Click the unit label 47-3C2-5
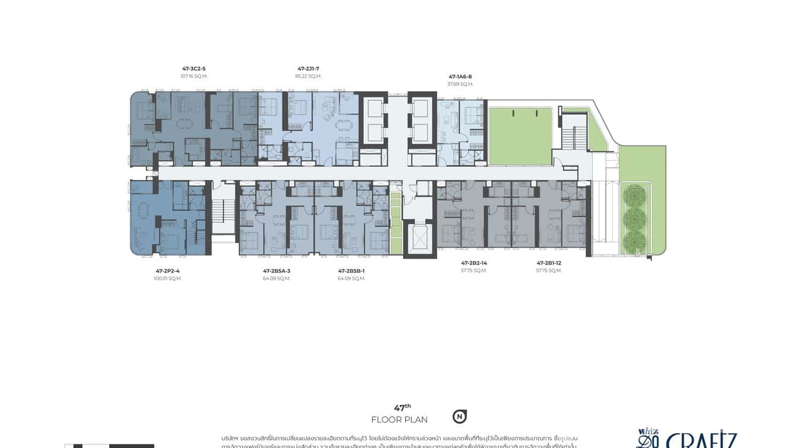(194, 68)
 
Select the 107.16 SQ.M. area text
(194, 76)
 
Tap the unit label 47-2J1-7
(308, 68)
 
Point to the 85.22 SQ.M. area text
(308, 76)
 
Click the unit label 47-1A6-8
(460, 77)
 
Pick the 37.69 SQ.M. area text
(460, 84)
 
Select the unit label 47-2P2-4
(167, 271)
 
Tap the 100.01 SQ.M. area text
(167, 279)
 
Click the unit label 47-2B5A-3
(277, 271)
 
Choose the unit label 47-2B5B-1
(351, 271)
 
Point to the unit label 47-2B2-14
(474, 263)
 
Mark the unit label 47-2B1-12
(549, 263)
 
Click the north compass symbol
(459, 417)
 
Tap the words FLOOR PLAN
(399, 420)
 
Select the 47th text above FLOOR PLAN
(402, 408)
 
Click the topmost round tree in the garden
(634, 196)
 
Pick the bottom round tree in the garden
(634, 241)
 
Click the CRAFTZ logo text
(701, 440)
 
